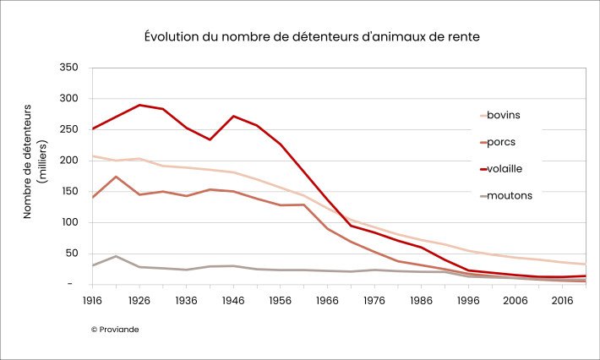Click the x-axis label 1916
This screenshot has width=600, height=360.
click(92, 299)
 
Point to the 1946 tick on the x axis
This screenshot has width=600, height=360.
click(232, 299)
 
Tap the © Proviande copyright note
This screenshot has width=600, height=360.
click(115, 328)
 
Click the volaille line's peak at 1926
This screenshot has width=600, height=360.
click(139, 105)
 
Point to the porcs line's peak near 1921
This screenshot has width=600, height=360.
click(116, 177)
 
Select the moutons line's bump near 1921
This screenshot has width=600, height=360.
click(116, 256)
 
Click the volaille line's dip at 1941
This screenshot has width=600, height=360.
click(210, 139)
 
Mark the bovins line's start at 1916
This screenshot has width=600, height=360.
click(93, 156)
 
